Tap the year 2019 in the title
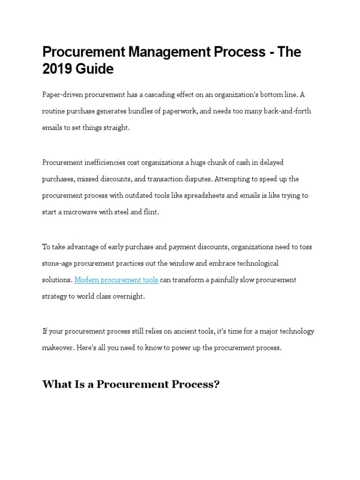coord(57,69)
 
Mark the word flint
coord(151,212)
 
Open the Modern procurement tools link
coord(116,280)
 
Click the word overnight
coord(129,296)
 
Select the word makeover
coord(57,348)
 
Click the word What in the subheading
coord(54,385)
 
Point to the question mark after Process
coord(217,385)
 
